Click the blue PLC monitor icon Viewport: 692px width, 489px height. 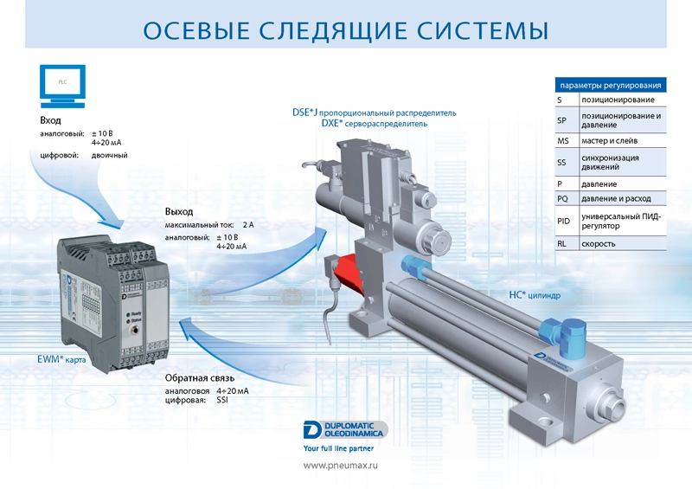coord(62,87)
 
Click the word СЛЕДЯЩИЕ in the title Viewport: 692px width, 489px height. coord(333,30)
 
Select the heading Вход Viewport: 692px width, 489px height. coord(50,120)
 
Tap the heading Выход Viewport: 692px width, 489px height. coord(179,211)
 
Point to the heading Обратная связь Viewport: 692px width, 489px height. coord(200,378)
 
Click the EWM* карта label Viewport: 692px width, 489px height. coord(61,359)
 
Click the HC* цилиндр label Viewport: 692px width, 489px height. coord(535,294)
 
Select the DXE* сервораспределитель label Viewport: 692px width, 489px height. coord(375,123)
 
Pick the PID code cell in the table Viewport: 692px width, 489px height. coord(564,221)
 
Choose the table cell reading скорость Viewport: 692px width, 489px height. coord(598,244)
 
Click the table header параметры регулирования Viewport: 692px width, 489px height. coord(611,86)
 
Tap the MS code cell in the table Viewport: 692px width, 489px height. coord(563,141)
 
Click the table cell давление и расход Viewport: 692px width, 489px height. coord(616,199)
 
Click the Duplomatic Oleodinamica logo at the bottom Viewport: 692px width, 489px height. coord(345,429)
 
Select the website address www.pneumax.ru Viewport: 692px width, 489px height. coord(340,465)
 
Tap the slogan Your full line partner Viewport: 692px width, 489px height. coord(338,448)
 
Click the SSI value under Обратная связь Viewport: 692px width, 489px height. coord(222,400)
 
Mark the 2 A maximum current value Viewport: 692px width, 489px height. coord(248,225)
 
